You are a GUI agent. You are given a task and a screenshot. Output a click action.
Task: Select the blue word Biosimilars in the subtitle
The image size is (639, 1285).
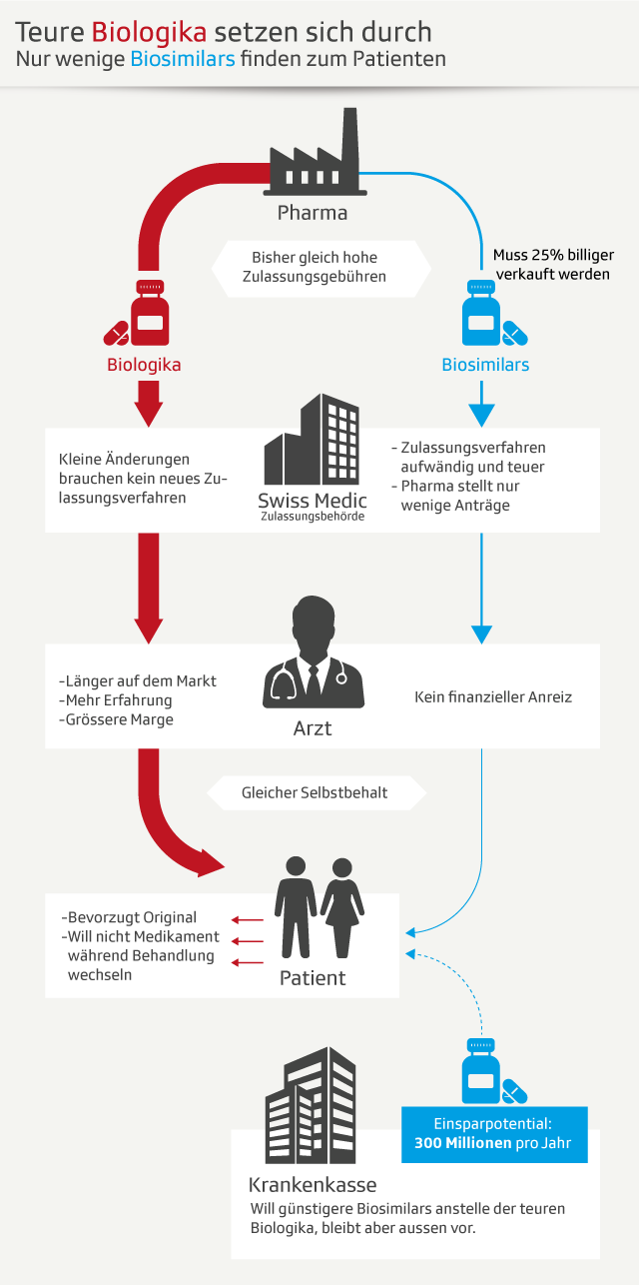(183, 59)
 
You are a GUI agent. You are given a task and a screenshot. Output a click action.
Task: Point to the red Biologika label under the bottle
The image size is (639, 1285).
(144, 365)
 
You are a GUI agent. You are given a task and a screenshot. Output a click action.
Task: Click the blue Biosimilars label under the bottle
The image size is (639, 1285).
(485, 365)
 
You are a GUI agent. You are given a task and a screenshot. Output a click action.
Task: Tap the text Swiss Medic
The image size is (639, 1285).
(313, 501)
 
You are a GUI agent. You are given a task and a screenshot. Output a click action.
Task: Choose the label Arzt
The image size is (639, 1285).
(313, 728)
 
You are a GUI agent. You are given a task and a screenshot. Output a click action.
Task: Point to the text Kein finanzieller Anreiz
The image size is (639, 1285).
(493, 696)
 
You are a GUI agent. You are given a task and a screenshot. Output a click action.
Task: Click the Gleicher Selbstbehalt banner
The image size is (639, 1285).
(315, 793)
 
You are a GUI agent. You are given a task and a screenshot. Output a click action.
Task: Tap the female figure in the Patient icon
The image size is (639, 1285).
(341, 904)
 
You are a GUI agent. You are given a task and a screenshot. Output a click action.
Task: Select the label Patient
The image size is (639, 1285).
(313, 978)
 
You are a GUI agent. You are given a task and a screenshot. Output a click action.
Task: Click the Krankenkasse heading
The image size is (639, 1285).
(313, 1186)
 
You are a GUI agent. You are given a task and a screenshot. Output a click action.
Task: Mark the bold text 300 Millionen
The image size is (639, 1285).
(462, 1143)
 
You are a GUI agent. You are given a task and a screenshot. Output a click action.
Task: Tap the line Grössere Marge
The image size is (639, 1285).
(117, 718)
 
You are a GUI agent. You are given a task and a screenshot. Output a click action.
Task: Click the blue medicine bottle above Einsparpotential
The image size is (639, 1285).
(480, 1068)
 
